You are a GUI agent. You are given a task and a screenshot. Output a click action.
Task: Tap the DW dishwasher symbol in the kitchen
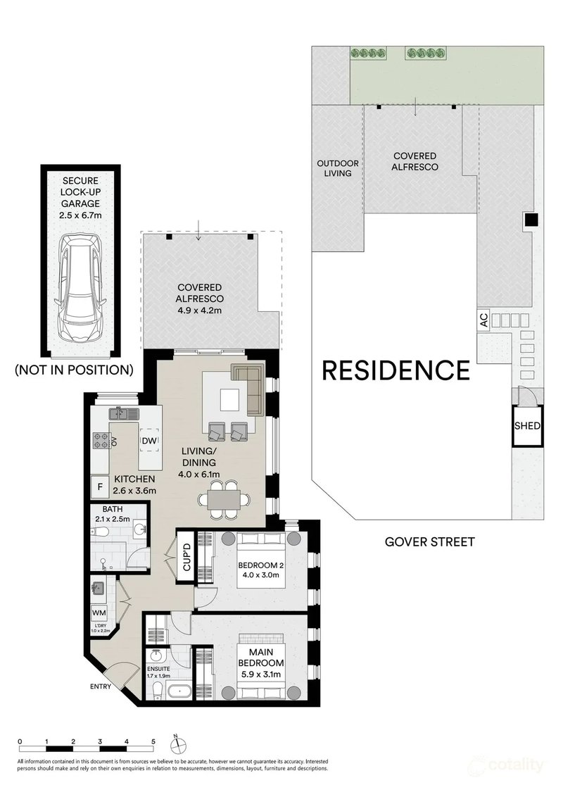coord(149,441)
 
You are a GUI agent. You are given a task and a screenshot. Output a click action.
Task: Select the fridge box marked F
coord(100,487)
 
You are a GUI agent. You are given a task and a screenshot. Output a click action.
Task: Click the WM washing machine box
coord(100,613)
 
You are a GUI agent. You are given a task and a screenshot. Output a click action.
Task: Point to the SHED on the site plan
coord(527,426)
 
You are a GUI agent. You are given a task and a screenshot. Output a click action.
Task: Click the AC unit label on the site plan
coord(483,320)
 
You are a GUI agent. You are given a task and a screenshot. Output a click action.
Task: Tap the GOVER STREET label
coord(429,542)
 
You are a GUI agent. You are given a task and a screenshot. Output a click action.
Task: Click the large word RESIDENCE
coord(396,370)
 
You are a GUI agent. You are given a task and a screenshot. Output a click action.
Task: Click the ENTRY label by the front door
coord(101,686)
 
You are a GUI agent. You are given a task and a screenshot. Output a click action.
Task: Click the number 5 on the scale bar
coord(153,741)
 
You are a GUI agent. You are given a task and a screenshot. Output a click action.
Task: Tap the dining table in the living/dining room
coord(224,500)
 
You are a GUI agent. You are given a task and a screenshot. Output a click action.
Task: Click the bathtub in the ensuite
coord(180,691)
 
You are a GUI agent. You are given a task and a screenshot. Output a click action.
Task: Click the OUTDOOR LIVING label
coord(338,168)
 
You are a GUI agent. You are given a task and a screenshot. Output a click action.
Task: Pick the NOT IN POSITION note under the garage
coord(74,370)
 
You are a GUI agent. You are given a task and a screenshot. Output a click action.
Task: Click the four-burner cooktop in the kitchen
coord(101,440)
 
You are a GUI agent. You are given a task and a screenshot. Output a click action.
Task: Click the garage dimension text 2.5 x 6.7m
coord(81,215)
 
